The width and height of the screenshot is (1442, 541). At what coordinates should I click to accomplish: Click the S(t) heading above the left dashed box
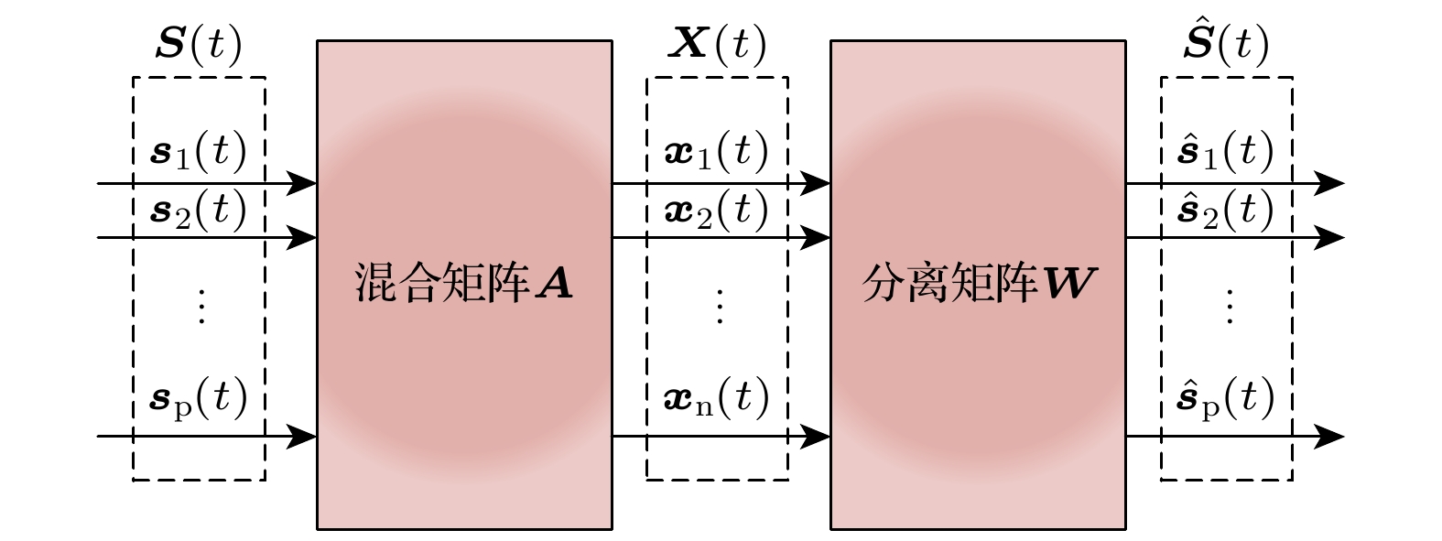pyautogui.click(x=199, y=44)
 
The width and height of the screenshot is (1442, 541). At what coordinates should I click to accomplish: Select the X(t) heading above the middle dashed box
pyautogui.click(x=717, y=44)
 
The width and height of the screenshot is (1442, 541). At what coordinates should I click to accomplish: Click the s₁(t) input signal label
pyautogui.click(x=199, y=152)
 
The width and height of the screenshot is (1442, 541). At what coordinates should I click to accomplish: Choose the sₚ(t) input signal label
pyautogui.click(x=199, y=398)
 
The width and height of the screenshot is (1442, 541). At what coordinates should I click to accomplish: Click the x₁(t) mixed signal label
pyautogui.click(x=717, y=152)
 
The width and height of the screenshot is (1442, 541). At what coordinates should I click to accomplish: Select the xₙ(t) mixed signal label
pyautogui.click(x=717, y=397)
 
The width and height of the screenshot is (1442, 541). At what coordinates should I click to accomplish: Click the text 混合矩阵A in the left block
pyautogui.click(x=463, y=283)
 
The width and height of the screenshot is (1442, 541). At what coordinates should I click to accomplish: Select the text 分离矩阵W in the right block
pyautogui.click(x=979, y=283)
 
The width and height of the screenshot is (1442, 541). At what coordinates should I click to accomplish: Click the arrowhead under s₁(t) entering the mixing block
pyautogui.click(x=301, y=183)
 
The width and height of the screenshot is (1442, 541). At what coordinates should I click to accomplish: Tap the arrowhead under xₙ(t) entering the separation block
pyautogui.click(x=815, y=437)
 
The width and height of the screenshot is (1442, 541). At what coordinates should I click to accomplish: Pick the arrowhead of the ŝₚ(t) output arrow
pyautogui.click(x=1329, y=437)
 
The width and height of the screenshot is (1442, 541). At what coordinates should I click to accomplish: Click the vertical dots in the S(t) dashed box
pyautogui.click(x=201, y=307)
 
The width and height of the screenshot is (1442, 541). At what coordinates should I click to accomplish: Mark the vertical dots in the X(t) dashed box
pyautogui.click(x=720, y=307)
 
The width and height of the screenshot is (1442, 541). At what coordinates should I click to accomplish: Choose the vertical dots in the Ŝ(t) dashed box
pyautogui.click(x=1230, y=307)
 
